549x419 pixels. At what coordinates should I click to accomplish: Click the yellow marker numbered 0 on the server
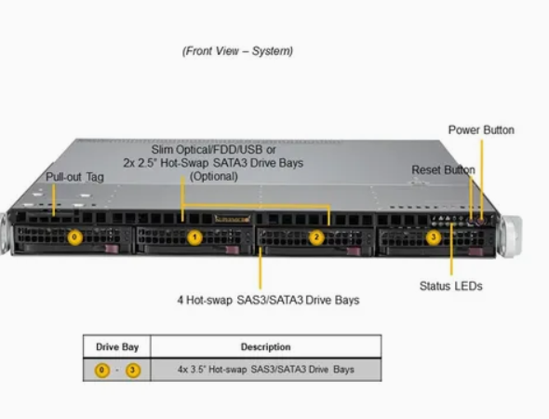pos(74,237)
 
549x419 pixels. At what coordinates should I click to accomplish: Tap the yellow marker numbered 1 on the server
pos(194,237)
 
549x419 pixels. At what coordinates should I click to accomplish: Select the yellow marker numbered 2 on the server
pos(316,237)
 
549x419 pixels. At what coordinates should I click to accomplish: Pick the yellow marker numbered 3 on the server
pos(434,237)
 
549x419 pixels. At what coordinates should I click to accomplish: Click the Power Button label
pos(481,130)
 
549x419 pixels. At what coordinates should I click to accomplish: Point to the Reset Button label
pos(443,169)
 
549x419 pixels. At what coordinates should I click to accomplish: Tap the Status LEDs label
pos(451,286)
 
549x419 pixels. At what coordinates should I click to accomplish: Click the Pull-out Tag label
pos(75,177)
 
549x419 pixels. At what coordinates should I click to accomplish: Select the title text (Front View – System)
pos(237,51)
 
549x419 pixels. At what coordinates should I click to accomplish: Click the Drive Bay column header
pos(117,346)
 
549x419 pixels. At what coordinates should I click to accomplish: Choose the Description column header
pos(266,346)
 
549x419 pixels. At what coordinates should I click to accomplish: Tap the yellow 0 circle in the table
pos(101,370)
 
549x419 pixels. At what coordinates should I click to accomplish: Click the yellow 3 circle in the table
pos(133,370)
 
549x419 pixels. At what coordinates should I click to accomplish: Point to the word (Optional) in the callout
pos(214,176)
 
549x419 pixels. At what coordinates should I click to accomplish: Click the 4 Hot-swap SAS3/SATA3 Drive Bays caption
pos(268,300)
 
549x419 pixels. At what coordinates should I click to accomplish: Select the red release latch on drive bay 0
pos(113,249)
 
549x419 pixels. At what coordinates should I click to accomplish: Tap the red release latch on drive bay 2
pos(354,251)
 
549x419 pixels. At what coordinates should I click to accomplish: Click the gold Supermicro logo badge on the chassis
pos(233,219)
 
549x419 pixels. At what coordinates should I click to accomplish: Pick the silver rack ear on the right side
pos(511,237)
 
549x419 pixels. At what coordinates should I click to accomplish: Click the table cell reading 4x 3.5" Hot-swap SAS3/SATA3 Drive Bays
pos(266,370)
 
